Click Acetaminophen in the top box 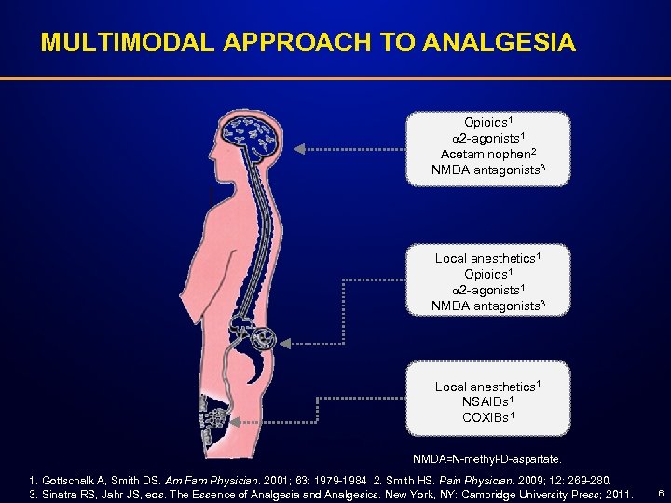[486, 154]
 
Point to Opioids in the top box [486, 123]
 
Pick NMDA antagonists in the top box [487, 170]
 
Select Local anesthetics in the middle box [487, 258]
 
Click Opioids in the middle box [486, 274]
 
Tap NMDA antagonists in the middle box [487, 305]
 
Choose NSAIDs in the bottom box [487, 401]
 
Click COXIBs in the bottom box [487, 417]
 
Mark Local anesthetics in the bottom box [487, 386]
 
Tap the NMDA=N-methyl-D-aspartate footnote [487, 459]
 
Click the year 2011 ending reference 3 [617, 493]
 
